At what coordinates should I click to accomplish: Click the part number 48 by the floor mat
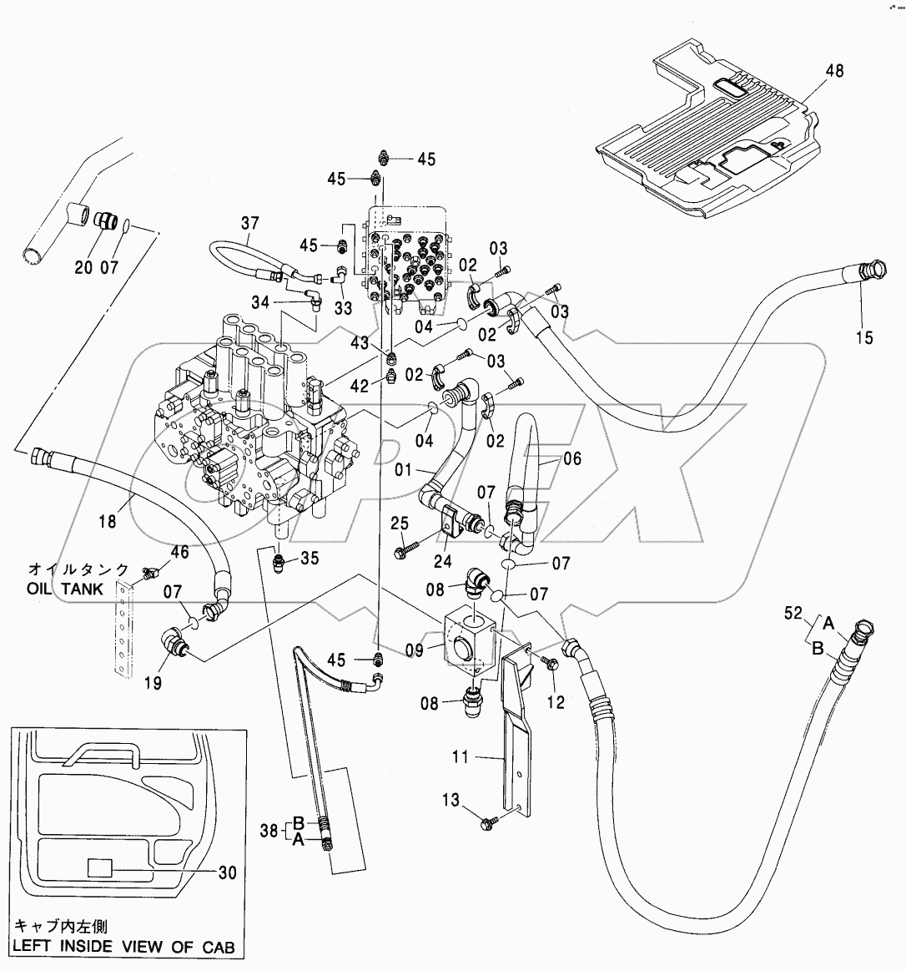(x=834, y=71)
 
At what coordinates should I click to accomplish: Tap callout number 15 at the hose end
(x=864, y=338)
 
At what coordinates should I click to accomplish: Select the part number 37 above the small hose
(x=251, y=223)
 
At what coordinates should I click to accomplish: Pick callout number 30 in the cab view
(x=227, y=873)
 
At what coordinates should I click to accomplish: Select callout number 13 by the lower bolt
(x=450, y=802)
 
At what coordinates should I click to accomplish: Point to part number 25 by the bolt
(x=400, y=523)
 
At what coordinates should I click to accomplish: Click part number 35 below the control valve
(x=309, y=559)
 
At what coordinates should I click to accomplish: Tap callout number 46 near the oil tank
(x=180, y=552)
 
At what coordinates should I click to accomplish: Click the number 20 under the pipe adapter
(x=83, y=267)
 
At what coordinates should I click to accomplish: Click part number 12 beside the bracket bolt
(x=556, y=704)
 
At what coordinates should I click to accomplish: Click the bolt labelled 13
(x=488, y=824)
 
